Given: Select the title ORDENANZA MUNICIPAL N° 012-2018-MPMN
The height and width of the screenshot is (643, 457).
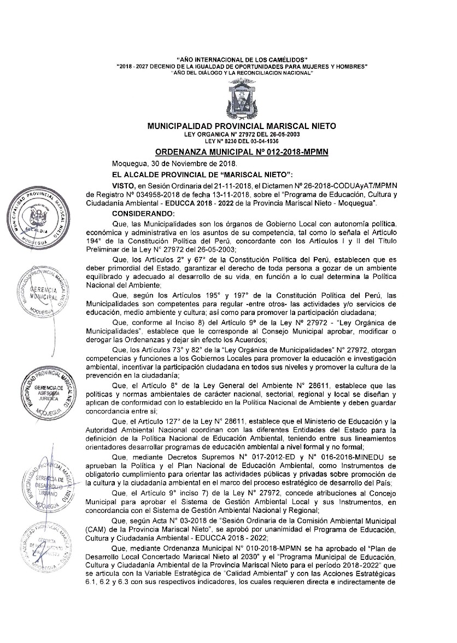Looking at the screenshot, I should pos(242,151).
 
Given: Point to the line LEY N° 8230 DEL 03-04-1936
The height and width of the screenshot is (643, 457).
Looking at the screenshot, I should pos(242,141).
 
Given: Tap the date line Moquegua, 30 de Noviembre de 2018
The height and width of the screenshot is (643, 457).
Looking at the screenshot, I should pos(174,163).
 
